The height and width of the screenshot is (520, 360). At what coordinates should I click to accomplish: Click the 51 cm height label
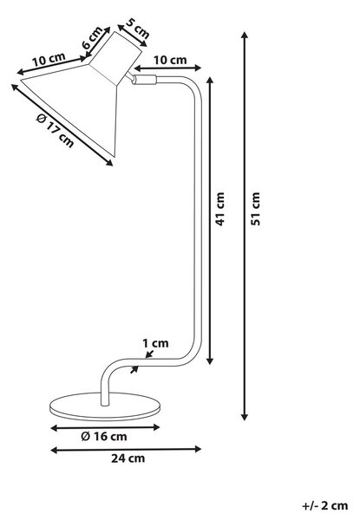tap(256, 209)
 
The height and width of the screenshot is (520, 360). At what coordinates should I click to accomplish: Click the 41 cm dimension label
tap(220, 209)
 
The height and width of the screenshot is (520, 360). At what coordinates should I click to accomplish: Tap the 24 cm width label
tap(128, 458)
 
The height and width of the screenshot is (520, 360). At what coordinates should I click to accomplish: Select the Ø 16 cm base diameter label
tap(104, 436)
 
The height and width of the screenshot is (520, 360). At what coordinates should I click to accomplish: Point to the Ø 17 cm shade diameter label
tap(55, 130)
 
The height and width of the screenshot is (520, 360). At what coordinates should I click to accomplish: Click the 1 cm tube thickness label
tap(155, 343)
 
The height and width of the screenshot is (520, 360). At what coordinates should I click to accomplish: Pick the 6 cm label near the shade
tap(93, 37)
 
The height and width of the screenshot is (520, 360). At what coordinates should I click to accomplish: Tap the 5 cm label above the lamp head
tap(138, 28)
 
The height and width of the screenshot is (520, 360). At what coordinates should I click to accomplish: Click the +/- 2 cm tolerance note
tap(324, 506)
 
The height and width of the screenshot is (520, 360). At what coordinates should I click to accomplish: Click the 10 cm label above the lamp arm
tap(170, 60)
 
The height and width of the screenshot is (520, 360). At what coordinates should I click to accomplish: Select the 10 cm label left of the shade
tap(49, 59)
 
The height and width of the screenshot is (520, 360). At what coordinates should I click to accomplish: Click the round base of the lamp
tap(105, 406)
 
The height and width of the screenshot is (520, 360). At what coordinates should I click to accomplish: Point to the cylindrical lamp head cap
tap(115, 58)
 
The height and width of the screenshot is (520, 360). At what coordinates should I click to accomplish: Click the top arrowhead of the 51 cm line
tap(245, 34)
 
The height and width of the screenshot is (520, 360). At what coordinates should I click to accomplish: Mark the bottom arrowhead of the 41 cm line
tap(210, 361)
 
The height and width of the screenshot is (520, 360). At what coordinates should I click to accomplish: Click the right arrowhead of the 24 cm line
tap(198, 449)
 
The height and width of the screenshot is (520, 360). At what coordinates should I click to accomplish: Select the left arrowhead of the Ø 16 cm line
tap(53, 428)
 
